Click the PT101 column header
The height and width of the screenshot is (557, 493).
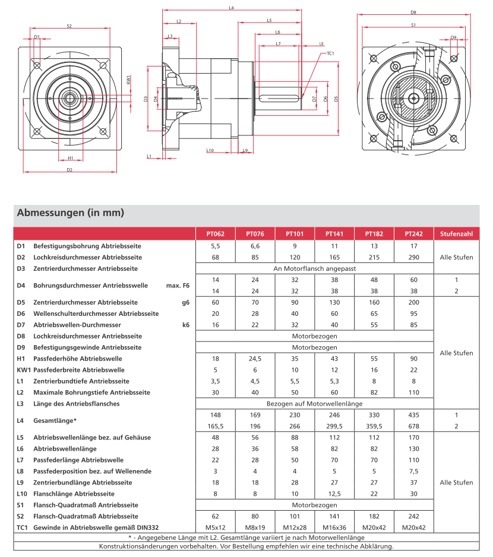295,233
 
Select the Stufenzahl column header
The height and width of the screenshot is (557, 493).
456,233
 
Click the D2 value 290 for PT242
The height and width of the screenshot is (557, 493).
413,258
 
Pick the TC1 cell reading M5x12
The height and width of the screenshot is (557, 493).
216,527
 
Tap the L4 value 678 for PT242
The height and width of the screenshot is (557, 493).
413,426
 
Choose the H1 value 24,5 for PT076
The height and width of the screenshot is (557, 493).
255,359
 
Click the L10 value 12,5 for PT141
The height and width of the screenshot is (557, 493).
334,493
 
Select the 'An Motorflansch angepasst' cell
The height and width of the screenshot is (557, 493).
314,269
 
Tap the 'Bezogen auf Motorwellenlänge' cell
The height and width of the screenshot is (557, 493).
314,404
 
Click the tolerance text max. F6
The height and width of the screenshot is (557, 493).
178,286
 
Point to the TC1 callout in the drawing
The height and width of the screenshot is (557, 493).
330,53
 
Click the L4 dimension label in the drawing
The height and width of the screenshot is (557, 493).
231,8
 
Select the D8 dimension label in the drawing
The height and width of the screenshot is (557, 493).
413,12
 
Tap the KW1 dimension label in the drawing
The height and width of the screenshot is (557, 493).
129,79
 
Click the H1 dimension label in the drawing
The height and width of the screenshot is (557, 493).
70,158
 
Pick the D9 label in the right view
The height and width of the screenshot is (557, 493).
453,37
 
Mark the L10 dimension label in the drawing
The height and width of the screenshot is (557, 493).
210,150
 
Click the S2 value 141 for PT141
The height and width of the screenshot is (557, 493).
334,516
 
